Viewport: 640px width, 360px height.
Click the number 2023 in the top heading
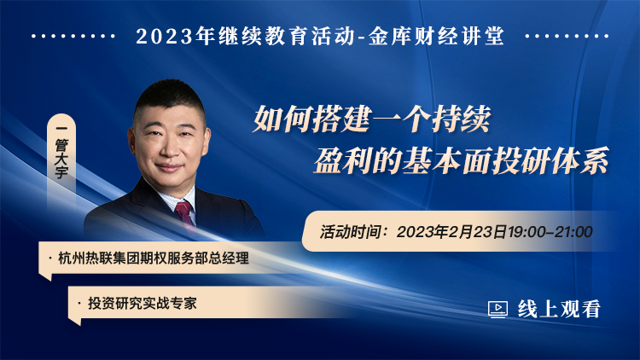pyautogui.click(x=164, y=37)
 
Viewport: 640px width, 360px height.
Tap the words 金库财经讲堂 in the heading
pyautogui.click(x=436, y=36)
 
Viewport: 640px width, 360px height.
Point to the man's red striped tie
pyautogui.click(x=184, y=212)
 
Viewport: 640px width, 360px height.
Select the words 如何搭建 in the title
pyautogui.click(x=311, y=119)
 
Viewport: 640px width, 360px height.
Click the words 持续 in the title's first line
pyautogui.click(x=461, y=119)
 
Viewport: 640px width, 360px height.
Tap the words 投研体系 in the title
pyautogui.click(x=551, y=160)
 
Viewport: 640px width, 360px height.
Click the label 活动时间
pyautogui.click(x=348, y=232)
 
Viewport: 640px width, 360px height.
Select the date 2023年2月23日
pyautogui.click(x=451, y=232)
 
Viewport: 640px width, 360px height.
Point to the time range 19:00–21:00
pyautogui.click(x=550, y=232)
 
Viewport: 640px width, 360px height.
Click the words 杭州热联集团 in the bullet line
pyautogui.click(x=99, y=258)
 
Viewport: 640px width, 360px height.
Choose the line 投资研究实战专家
pyautogui.click(x=143, y=303)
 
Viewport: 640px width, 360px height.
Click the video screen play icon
pyautogui.click(x=498, y=309)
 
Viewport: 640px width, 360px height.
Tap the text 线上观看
pyautogui.click(x=559, y=309)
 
